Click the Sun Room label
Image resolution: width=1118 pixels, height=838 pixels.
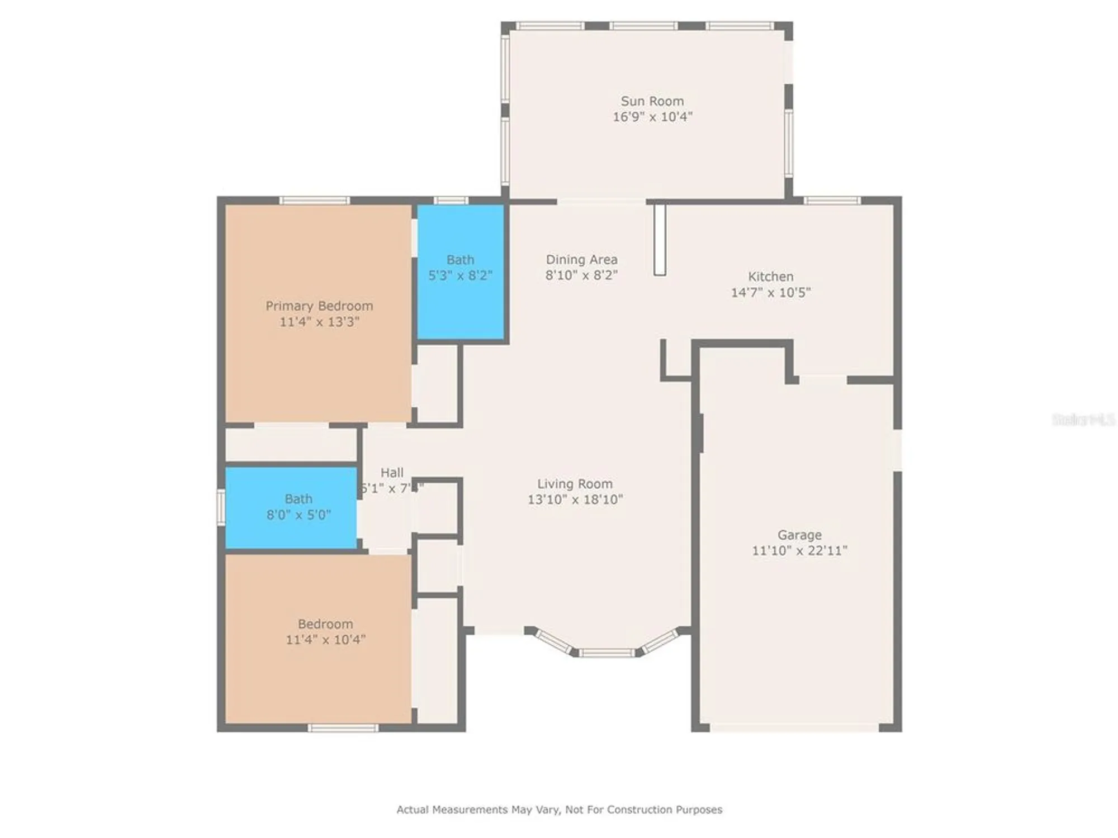652,101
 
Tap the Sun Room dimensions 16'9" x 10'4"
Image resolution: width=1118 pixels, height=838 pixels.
652,117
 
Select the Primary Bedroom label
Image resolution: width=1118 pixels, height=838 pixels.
319,306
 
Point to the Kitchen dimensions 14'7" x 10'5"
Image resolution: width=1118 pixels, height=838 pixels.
771,292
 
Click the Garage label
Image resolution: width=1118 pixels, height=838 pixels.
799,535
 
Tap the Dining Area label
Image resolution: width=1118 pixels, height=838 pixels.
581,259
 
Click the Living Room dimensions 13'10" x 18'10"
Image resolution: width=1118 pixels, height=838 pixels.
575,499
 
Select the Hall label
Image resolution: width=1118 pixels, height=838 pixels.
391,472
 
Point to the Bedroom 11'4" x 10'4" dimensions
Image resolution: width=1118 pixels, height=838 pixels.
325,640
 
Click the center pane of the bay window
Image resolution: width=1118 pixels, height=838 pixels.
607,653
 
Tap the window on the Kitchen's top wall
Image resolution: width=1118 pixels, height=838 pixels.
832,201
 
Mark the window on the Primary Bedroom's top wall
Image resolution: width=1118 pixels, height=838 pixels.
315,201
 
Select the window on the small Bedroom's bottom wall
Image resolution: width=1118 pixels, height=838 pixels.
343,728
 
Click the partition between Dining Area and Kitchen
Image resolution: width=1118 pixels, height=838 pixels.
660,239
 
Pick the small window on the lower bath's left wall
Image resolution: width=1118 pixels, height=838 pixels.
221,507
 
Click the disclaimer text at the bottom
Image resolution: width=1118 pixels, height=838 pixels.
559,810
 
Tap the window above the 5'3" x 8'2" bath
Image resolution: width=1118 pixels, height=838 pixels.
451,201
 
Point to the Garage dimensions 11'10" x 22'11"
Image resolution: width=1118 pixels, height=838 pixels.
799,551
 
